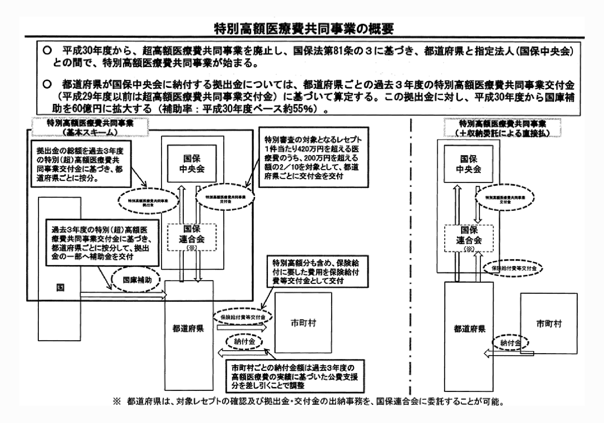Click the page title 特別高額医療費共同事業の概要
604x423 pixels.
pyautogui.click(x=304, y=29)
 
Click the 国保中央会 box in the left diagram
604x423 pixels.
pyautogui.click(x=192, y=164)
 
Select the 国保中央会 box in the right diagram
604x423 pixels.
pyautogui.click(x=468, y=164)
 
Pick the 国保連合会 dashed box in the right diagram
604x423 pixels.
pyautogui.click(x=468, y=238)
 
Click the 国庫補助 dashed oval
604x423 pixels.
pyautogui.click(x=137, y=280)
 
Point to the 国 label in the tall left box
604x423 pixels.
pyautogui.click(x=60, y=287)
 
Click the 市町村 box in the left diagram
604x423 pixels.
pyautogui.click(x=303, y=323)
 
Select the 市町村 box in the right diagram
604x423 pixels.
pyautogui.click(x=549, y=324)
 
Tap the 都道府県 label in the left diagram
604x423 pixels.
pyautogui.click(x=188, y=329)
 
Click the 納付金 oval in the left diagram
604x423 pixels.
pyautogui.click(x=244, y=342)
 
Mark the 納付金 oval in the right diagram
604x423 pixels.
pyautogui.click(x=510, y=343)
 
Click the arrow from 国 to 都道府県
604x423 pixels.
pyautogui.click(x=123, y=294)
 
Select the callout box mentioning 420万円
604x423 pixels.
pyautogui.click(x=314, y=157)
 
